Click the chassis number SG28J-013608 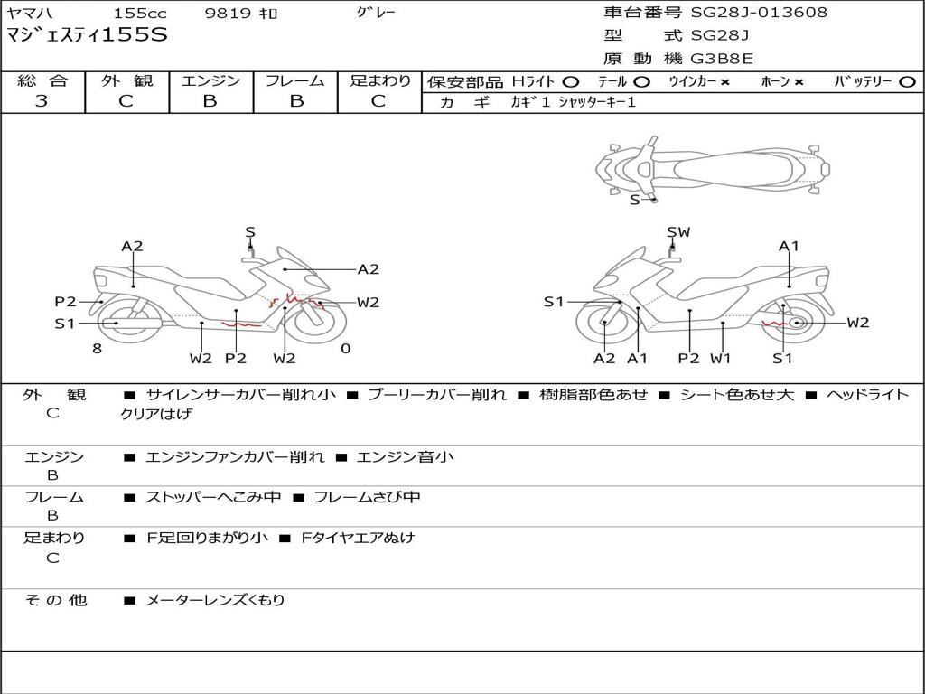[759, 13]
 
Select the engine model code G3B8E [722, 60]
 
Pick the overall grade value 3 [42, 101]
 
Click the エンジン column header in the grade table [210, 80]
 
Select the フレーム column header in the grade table [295, 80]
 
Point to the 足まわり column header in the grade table [379, 80]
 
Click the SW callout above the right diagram [678, 232]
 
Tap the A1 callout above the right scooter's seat [790, 246]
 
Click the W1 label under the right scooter [721, 359]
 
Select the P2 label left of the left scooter [65, 302]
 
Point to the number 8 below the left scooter [97, 349]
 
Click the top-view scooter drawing [712, 167]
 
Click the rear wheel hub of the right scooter [795, 323]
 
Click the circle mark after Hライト [570, 82]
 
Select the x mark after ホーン [799, 82]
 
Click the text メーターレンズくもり [215, 600]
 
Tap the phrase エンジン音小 [405, 457]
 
